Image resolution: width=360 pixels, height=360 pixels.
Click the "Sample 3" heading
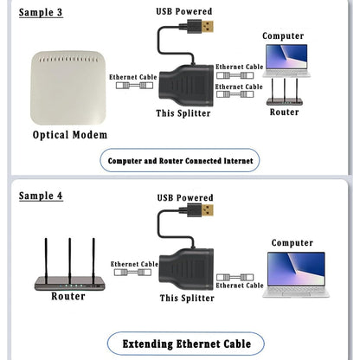click(42, 13)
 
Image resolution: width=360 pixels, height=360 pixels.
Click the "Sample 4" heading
click(42, 196)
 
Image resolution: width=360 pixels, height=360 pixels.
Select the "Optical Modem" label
click(70, 135)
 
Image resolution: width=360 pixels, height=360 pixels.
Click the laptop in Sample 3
click(285, 60)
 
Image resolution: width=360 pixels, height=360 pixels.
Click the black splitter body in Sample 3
click(185, 81)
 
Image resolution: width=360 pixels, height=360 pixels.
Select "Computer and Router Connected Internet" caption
click(181, 160)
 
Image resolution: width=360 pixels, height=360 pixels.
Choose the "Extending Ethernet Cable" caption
click(186, 344)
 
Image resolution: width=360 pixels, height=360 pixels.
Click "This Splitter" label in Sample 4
click(187, 298)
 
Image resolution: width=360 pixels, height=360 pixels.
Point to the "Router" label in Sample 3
click(284, 112)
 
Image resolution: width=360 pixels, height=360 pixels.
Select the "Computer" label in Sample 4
click(292, 243)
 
